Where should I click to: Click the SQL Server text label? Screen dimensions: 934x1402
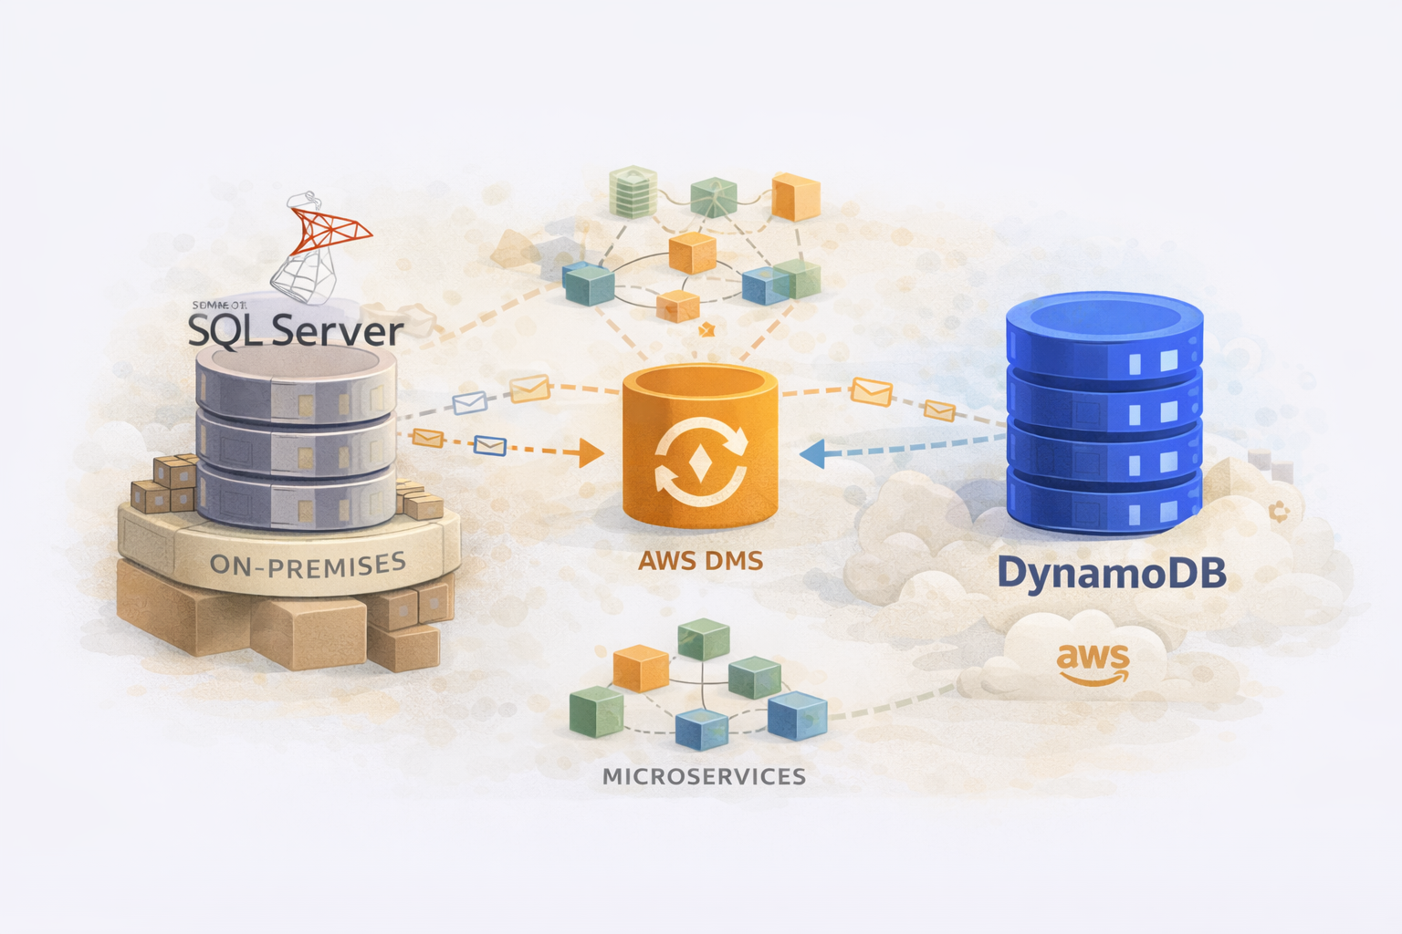[296, 330]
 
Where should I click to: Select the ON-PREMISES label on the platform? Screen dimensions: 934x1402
[308, 566]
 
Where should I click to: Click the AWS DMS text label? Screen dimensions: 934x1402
[700, 560]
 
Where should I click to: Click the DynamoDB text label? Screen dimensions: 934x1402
[1111, 574]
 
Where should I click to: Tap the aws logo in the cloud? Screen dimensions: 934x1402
[1093, 663]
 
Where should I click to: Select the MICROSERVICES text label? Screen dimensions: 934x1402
[704, 776]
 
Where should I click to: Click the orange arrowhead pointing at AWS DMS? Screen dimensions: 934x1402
[591, 452]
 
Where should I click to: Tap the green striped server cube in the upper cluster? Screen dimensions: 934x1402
[633, 191]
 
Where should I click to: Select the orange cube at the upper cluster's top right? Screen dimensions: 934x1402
[796, 198]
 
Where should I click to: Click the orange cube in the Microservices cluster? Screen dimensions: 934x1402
[641, 668]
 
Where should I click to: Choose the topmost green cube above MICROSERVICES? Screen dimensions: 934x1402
[704, 638]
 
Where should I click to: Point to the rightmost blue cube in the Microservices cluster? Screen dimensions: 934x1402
[797, 714]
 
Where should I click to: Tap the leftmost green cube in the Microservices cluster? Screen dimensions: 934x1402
[596, 711]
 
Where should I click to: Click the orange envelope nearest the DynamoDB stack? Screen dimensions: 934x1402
[939, 411]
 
